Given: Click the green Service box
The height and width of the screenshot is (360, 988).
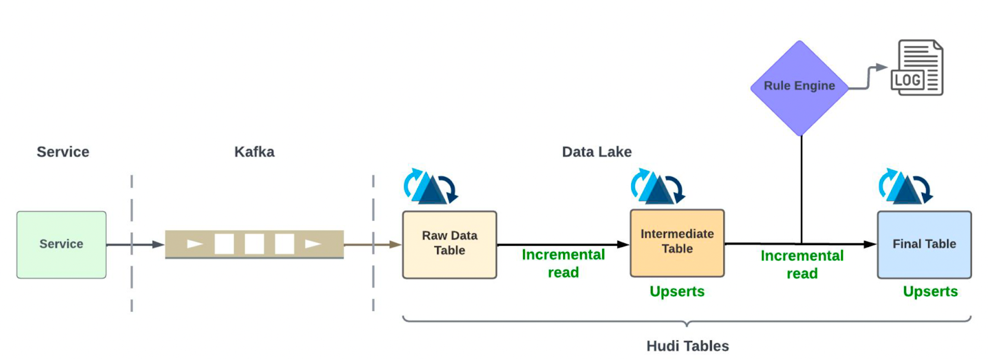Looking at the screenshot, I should coord(61,245).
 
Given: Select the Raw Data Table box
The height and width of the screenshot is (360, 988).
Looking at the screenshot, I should coord(450,245).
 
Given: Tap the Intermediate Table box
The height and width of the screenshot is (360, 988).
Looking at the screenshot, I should coord(677,243).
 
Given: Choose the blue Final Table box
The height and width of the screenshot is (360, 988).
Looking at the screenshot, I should coord(924,245).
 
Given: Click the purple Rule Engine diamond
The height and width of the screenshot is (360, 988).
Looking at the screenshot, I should coord(799,87).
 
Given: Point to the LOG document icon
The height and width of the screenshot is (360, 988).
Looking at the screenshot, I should coord(918,68).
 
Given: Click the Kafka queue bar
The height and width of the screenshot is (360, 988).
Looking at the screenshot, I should coord(254,244).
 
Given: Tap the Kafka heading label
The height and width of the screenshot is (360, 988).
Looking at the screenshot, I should coord(254,152).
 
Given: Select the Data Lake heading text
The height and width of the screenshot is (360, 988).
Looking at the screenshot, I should coord(597,152).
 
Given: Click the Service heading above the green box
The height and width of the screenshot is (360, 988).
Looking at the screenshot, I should coord(63,152).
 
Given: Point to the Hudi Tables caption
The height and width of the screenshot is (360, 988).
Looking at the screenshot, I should coord(687,346).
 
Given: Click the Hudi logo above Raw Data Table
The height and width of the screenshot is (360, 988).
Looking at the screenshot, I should coord(430,186).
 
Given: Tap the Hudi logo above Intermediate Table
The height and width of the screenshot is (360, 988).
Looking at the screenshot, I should coord(658,186).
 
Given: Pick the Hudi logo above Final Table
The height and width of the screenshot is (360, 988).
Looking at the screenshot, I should coord(905,186).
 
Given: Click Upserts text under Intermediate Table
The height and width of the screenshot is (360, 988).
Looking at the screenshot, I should coord(677,291).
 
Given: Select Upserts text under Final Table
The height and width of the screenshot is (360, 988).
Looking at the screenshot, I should coord(930,291).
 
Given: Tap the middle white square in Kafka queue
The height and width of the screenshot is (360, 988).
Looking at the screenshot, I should coord(254,244).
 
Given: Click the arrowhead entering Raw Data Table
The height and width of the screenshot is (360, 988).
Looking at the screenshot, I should coord(396,245).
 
